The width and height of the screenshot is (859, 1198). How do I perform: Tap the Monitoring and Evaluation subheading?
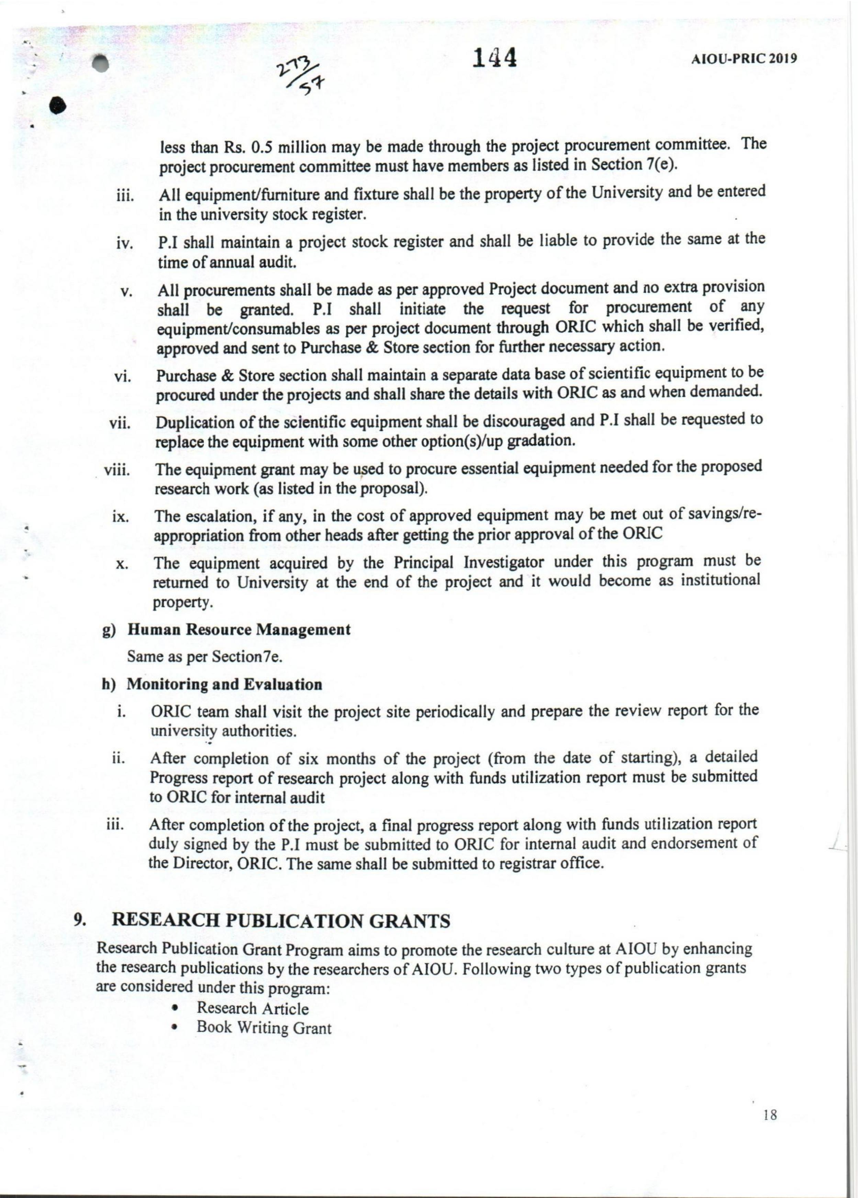[224, 684]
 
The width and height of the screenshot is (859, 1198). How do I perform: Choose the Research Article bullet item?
[253, 1008]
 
